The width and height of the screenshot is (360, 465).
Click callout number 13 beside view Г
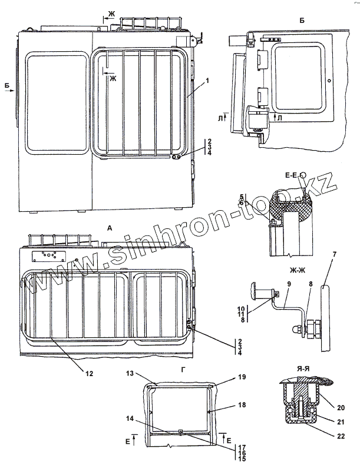pyautogui.click(x=130, y=373)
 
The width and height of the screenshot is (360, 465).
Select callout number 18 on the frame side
pyautogui.click(x=225, y=406)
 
